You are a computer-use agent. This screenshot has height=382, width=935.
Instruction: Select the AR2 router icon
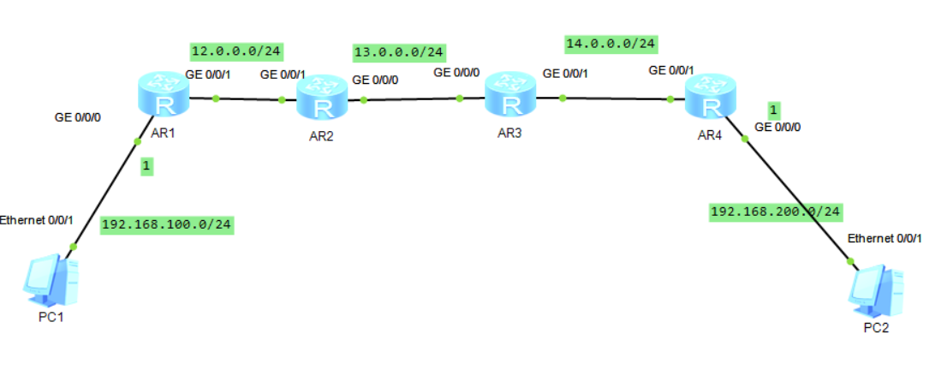(323, 100)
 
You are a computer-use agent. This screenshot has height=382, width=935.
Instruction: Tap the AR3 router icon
(510, 95)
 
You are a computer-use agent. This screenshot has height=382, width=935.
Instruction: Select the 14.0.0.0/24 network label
(611, 43)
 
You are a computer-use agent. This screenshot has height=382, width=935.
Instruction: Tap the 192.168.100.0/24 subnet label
(167, 225)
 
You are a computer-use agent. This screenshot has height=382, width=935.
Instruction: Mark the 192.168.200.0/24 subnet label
(776, 212)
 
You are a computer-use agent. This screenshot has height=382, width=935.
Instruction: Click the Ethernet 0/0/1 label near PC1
(37, 219)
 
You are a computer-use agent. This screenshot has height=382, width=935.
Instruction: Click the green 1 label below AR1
(147, 168)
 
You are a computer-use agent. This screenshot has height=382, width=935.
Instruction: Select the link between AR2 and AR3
(411, 99)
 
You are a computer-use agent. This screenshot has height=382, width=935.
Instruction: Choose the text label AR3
(510, 134)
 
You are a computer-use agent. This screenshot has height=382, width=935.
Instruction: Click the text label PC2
(876, 328)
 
